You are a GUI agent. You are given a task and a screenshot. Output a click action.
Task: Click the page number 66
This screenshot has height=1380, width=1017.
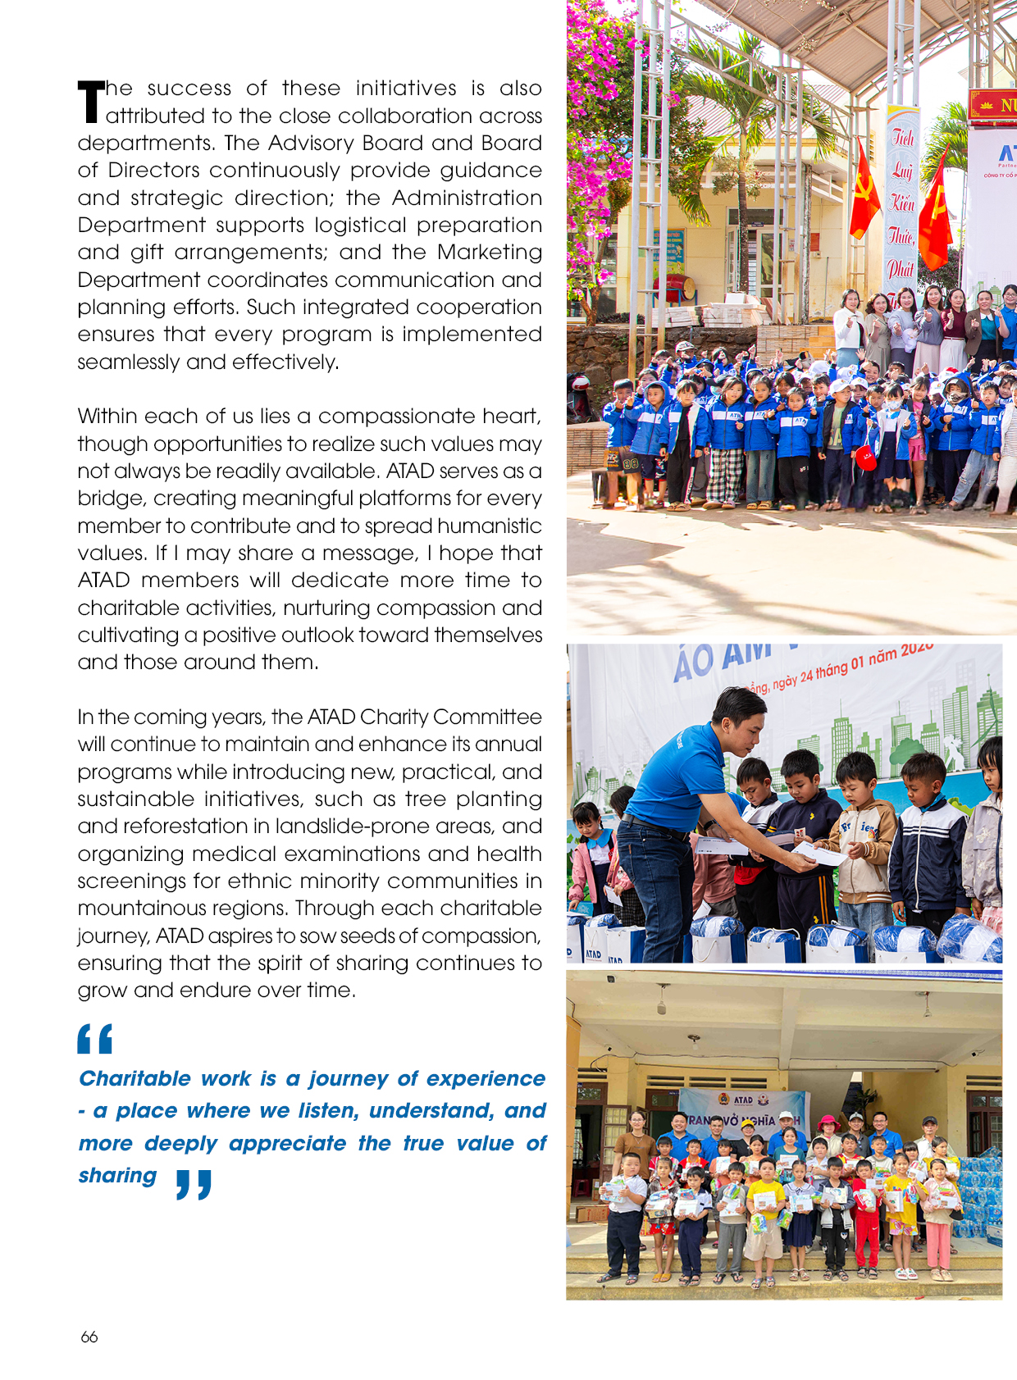89,1337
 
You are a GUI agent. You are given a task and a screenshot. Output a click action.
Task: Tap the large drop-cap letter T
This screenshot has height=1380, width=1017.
91,102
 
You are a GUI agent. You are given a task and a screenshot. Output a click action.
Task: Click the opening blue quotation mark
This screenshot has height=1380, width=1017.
94,1039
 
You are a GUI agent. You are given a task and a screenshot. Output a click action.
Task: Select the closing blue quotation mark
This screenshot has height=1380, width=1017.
194,1185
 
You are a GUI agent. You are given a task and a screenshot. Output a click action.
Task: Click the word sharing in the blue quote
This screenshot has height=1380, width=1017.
117,1175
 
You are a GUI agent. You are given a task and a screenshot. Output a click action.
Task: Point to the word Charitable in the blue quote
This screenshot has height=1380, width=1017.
135,1078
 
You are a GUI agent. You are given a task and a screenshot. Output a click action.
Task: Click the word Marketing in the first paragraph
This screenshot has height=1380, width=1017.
490,252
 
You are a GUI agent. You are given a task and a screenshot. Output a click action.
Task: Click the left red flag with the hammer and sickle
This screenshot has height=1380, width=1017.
864,191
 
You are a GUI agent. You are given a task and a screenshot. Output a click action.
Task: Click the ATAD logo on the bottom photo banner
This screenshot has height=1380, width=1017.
743,1100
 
